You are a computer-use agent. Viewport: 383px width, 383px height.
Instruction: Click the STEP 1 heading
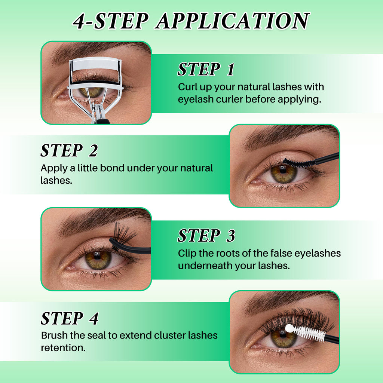click(206, 70)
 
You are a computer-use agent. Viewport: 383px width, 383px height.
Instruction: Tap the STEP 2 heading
click(69, 151)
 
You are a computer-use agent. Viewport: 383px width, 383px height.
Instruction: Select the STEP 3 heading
click(206, 236)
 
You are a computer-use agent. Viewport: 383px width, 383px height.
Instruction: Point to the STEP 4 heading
click(69, 318)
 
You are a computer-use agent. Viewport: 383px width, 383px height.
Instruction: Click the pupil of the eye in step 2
click(283, 170)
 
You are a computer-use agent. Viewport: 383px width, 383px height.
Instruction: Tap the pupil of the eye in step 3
click(97, 257)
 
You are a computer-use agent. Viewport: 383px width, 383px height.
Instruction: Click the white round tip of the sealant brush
click(289, 329)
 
